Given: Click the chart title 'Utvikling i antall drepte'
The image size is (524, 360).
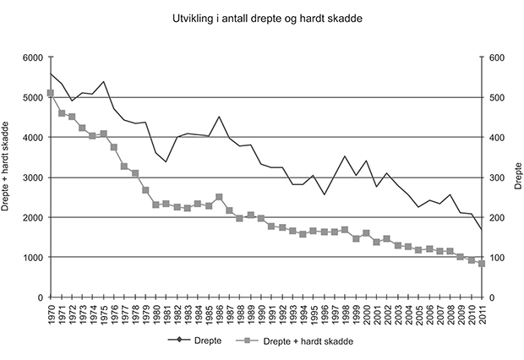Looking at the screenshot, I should (261, 17).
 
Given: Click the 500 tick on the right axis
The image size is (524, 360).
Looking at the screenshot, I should (495, 97).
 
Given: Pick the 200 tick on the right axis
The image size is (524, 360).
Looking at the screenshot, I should (495, 217).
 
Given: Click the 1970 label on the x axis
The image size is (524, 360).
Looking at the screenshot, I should (51, 315).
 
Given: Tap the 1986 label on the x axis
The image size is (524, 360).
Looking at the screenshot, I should (219, 315).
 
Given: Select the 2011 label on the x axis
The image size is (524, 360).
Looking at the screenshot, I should (482, 315).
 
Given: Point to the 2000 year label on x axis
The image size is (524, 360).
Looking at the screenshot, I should (366, 315).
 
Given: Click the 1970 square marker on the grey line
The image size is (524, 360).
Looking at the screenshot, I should (51, 93).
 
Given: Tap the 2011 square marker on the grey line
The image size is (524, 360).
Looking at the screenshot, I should (482, 264).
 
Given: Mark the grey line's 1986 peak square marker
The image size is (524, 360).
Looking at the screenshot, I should (219, 197).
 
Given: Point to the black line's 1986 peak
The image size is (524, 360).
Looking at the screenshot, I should (219, 117).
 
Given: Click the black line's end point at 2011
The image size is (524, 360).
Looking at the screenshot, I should (482, 230).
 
